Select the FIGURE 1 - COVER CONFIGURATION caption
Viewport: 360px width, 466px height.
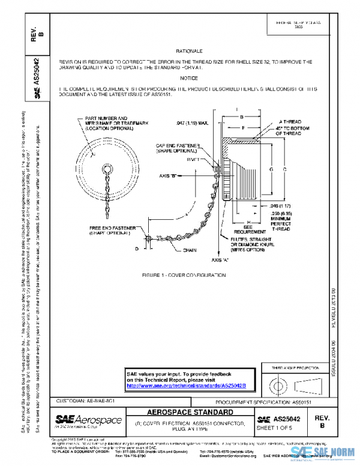[x=184, y=275]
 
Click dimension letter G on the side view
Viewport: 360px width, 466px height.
[x=271, y=169]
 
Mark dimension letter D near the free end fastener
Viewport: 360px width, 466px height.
[x=136, y=247]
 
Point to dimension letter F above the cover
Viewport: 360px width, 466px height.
[x=242, y=128]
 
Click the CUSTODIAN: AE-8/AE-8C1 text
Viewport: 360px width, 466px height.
[x=81, y=399]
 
